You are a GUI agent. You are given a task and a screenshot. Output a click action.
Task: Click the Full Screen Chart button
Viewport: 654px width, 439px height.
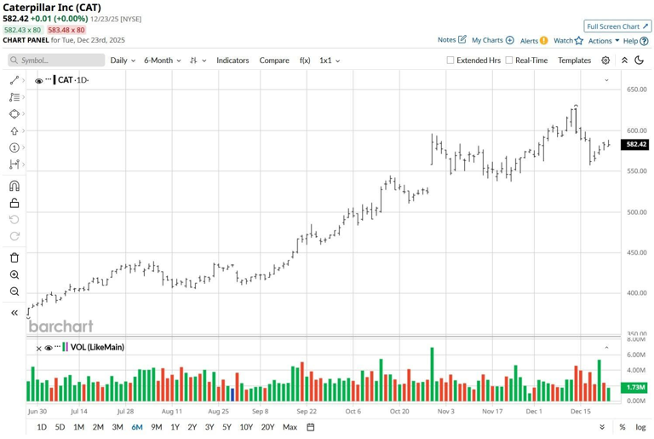tap(617, 26)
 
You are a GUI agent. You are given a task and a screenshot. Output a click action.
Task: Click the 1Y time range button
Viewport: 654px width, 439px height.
tap(175, 427)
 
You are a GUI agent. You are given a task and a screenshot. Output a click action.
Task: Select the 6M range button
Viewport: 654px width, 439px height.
tap(137, 427)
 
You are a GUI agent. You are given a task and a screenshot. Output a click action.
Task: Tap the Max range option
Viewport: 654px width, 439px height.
tap(290, 427)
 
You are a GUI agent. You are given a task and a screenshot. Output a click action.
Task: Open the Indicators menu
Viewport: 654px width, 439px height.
tap(232, 61)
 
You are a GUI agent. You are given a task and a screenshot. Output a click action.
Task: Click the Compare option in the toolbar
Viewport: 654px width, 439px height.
tap(274, 61)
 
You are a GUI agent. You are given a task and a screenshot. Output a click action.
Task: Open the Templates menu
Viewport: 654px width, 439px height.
tap(574, 61)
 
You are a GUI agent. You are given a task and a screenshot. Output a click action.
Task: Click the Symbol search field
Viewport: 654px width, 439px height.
tap(56, 61)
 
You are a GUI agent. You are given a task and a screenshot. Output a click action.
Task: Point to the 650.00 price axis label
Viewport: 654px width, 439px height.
tap(636, 90)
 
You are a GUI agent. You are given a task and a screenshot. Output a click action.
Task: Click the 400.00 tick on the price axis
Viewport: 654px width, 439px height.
tap(636, 293)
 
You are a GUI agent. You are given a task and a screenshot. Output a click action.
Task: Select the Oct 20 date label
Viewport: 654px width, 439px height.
tap(399, 411)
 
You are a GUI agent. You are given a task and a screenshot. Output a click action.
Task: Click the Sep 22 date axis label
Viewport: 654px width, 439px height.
tap(307, 411)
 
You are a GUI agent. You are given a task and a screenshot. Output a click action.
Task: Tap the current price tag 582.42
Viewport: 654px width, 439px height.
tap(636, 145)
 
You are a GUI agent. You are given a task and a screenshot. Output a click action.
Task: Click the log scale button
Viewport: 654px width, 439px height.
tap(640, 427)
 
